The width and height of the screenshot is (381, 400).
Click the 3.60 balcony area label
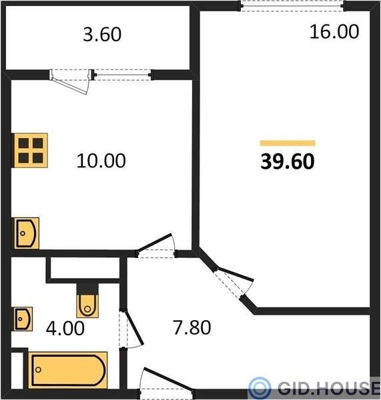(102, 35)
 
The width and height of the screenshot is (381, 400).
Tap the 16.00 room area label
(334, 32)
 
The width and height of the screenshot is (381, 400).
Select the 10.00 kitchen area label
(101, 161)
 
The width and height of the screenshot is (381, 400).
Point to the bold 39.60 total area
(288, 161)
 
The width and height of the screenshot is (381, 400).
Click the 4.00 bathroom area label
(65, 328)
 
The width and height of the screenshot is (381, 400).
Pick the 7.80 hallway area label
(192, 327)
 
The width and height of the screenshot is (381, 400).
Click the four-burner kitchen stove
(31, 151)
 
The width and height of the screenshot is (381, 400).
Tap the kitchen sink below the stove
(26, 233)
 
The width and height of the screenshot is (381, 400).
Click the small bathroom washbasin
(23, 319)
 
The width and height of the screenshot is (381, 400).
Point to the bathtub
(67, 370)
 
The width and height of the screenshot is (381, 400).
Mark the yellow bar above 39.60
(288, 143)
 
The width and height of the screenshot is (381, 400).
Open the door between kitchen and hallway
(155, 246)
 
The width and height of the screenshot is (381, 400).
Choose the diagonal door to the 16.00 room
(232, 282)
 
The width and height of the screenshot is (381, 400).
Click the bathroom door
(130, 329)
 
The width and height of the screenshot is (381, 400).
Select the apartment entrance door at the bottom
(166, 383)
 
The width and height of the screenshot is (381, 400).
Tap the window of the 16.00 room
(292, 6)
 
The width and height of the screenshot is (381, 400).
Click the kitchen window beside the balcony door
(122, 75)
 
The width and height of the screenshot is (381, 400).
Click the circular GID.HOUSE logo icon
(260, 388)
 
